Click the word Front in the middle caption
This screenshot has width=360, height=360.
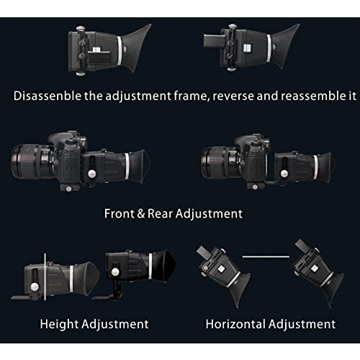[x=120, y=214]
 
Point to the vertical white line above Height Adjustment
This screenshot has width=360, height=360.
[x=45, y=278]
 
